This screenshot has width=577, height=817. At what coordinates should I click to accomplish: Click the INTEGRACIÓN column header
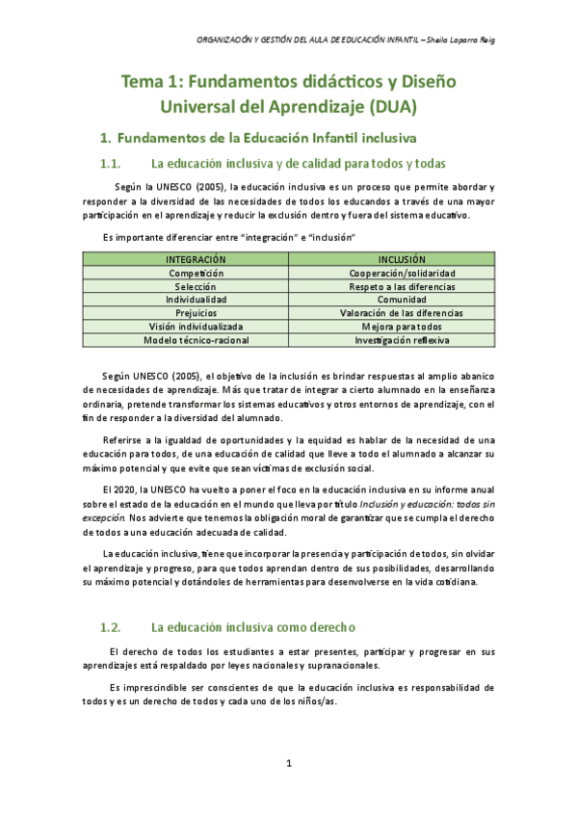tap(196, 260)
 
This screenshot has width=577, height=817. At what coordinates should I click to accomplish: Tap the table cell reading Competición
tap(196, 274)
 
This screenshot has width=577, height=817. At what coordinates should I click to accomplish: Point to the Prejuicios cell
tap(196, 313)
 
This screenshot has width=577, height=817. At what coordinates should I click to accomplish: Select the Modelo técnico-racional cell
tap(196, 340)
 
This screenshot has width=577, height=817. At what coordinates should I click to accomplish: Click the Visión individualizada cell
tap(196, 327)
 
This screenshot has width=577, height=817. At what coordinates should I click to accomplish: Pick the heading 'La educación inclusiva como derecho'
tap(254, 627)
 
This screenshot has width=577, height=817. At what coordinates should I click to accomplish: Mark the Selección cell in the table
tap(196, 287)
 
